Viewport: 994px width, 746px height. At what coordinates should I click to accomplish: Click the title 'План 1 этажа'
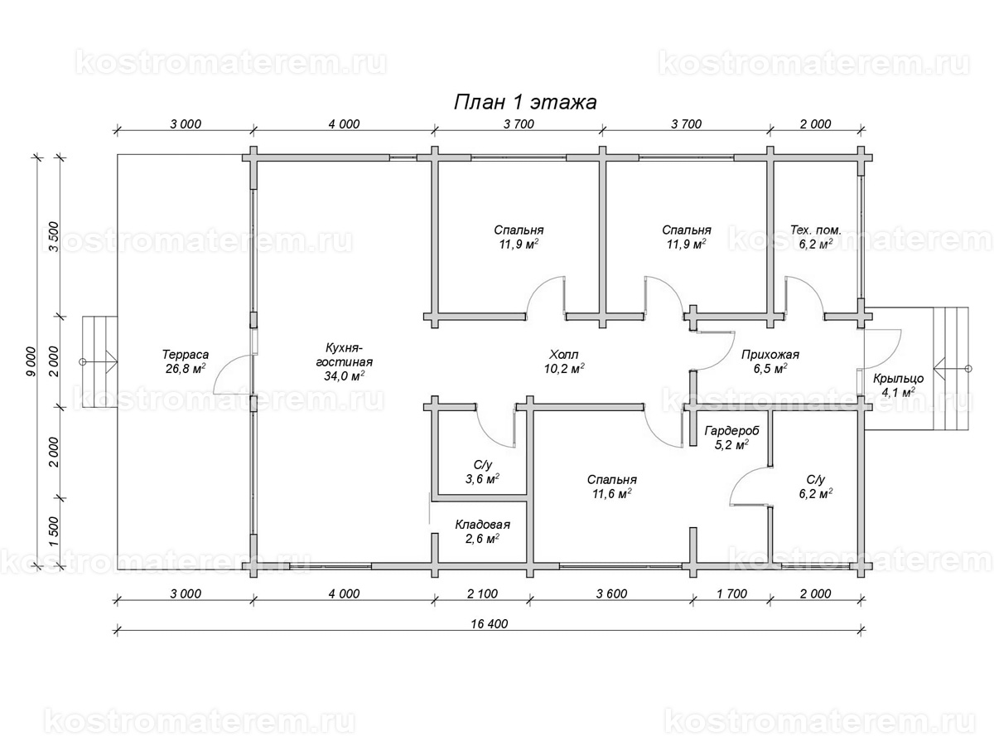click(525, 102)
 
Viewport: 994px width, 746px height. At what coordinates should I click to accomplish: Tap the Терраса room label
click(186, 354)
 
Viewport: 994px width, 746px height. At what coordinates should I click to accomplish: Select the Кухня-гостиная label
click(344, 355)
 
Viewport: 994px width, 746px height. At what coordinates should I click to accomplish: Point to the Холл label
click(564, 354)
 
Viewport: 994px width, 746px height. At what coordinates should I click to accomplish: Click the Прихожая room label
click(770, 355)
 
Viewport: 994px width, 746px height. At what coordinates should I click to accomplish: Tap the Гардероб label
click(731, 431)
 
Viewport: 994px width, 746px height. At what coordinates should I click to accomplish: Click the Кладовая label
click(482, 525)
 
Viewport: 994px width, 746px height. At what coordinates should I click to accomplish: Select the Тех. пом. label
click(816, 230)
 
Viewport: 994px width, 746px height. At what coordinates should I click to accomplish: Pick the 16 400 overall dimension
click(489, 623)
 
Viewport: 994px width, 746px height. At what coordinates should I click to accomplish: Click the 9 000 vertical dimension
click(31, 361)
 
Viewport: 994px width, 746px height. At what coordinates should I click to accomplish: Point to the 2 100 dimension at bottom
click(482, 593)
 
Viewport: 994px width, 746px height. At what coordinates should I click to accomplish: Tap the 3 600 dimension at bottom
click(611, 593)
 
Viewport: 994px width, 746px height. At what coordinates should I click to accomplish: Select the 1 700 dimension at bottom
click(731, 593)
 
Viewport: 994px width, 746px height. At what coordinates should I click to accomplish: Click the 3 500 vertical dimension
click(54, 237)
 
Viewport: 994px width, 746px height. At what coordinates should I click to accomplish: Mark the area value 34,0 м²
click(344, 376)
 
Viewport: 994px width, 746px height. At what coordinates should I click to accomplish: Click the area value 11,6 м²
click(612, 493)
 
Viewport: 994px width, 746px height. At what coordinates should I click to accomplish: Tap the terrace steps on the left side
click(99, 361)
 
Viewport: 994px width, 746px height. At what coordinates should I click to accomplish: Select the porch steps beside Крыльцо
click(951, 368)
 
